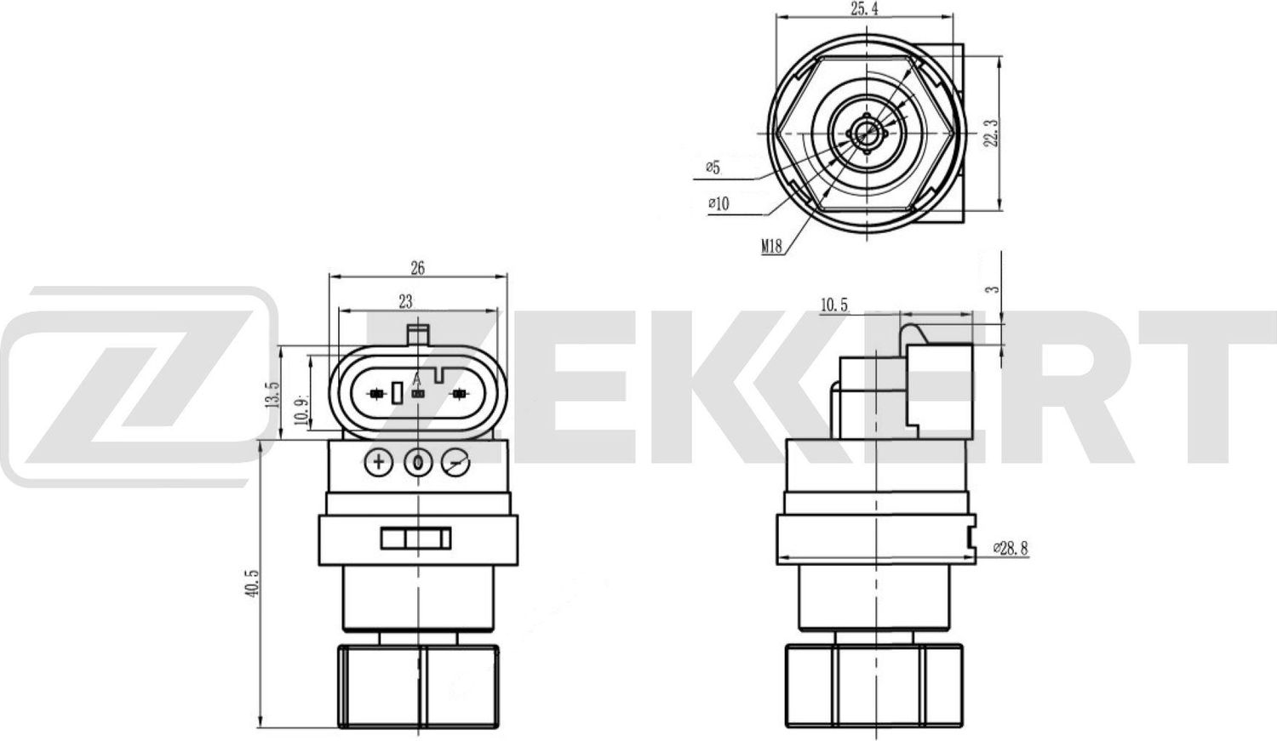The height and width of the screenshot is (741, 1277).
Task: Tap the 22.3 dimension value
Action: (x=989, y=132)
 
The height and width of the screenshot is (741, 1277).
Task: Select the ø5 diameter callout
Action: (x=713, y=168)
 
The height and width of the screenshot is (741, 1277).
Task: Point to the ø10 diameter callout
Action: (x=719, y=204)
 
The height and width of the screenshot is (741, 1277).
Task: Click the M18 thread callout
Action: (x=771, y=247)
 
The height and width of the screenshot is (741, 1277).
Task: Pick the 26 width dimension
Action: (x=417, y=268)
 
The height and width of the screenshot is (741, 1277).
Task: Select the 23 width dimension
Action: (x=405, y=300)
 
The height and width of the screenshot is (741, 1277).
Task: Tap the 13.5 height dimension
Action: (x=273, y=393)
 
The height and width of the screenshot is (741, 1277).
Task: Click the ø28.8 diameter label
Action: (x=1011, y=549)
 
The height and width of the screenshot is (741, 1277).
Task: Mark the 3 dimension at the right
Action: (x=990, y=288)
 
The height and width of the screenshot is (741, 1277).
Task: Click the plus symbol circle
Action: (x=378, y=462)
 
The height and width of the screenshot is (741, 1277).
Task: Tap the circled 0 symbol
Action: (x=418, y=462)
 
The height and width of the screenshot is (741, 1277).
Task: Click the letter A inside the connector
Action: (x=416, y=379)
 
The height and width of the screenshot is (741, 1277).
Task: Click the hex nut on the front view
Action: (x=417, y=685)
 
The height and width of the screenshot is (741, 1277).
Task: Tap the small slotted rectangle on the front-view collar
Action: (x=416, y=539)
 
